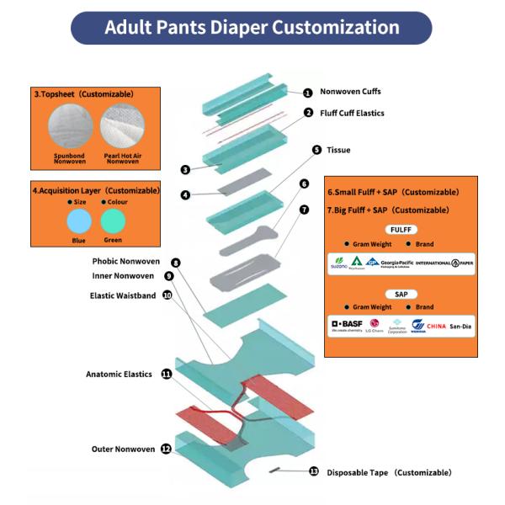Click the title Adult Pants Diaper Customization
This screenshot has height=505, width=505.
(x=252, y=27)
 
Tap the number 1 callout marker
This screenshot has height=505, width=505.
(x=308, y=93)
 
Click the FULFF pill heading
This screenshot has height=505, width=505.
(x=401, y=230)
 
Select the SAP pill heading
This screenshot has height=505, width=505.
(x=401, y=294)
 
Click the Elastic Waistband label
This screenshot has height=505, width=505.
(x=123, y=295)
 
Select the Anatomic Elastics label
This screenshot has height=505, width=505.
(x=119, y=374)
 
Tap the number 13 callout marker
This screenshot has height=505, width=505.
(x=314, y=472)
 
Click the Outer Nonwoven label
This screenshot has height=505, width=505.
(x=123, y=449)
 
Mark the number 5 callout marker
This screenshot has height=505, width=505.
(x=316, y=150)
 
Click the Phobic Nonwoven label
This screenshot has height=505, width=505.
(x=125, y=262)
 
